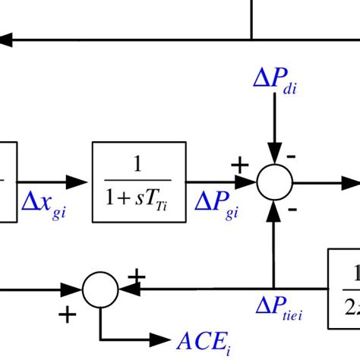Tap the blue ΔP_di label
pyautogui.click(x=276, y=82)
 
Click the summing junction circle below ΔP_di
pyautogui.click(x=274, y=182)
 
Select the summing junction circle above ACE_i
pyautogui.click(x=100, y=289)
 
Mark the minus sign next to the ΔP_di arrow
pyautogui.click(x=292, y=156)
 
